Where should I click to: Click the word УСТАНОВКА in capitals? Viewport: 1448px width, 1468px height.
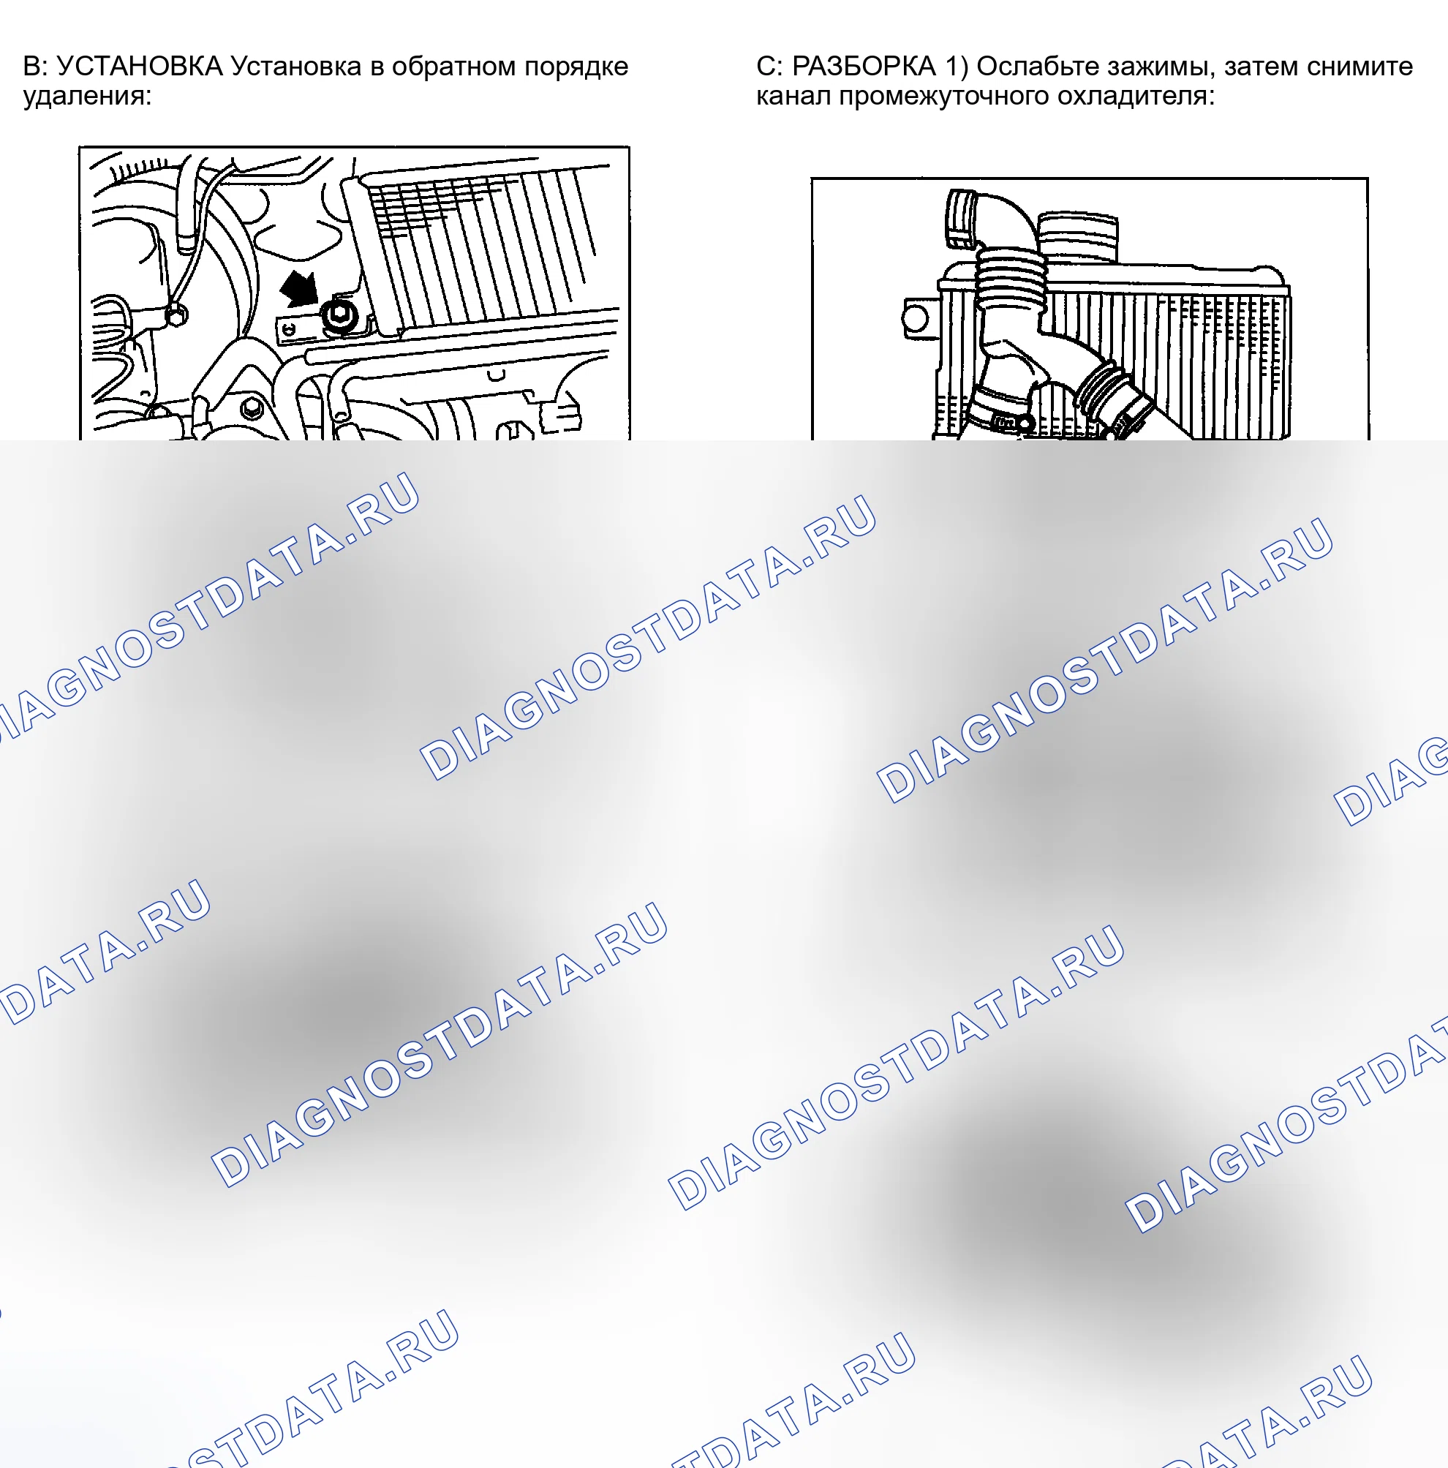tap(140, 67)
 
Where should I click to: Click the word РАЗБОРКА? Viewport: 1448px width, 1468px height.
tap(864, 67)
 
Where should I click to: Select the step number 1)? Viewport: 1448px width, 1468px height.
tap(957, 67)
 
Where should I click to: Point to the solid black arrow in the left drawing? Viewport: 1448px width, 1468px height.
tap(300, 290)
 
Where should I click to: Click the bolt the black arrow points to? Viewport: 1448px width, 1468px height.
tap(337, 317)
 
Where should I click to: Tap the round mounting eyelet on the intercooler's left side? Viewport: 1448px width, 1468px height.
tap(916, 318)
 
